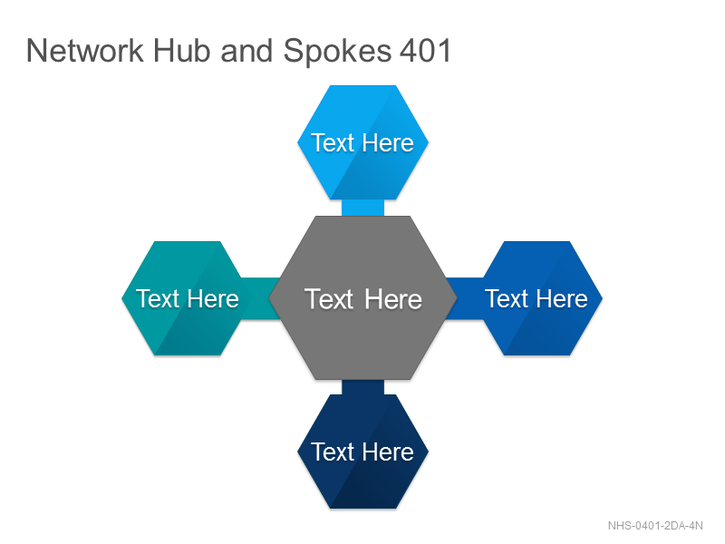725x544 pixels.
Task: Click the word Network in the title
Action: point(85,51)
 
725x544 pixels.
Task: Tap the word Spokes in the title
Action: point(337,52)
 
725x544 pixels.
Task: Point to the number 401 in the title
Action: point(425,51)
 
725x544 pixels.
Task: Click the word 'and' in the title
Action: point(246,51)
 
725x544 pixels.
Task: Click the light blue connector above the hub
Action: point(363,208)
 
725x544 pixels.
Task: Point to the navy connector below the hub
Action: point(363,387)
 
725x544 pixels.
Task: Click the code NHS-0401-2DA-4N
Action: point(655,526)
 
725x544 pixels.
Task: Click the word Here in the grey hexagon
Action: point(393,299)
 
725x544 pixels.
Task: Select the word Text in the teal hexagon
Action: point(158,298)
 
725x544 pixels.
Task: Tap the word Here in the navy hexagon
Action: point(388,452)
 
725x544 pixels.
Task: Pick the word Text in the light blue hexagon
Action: point(333,142)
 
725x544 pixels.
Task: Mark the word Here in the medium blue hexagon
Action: point(562,298)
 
